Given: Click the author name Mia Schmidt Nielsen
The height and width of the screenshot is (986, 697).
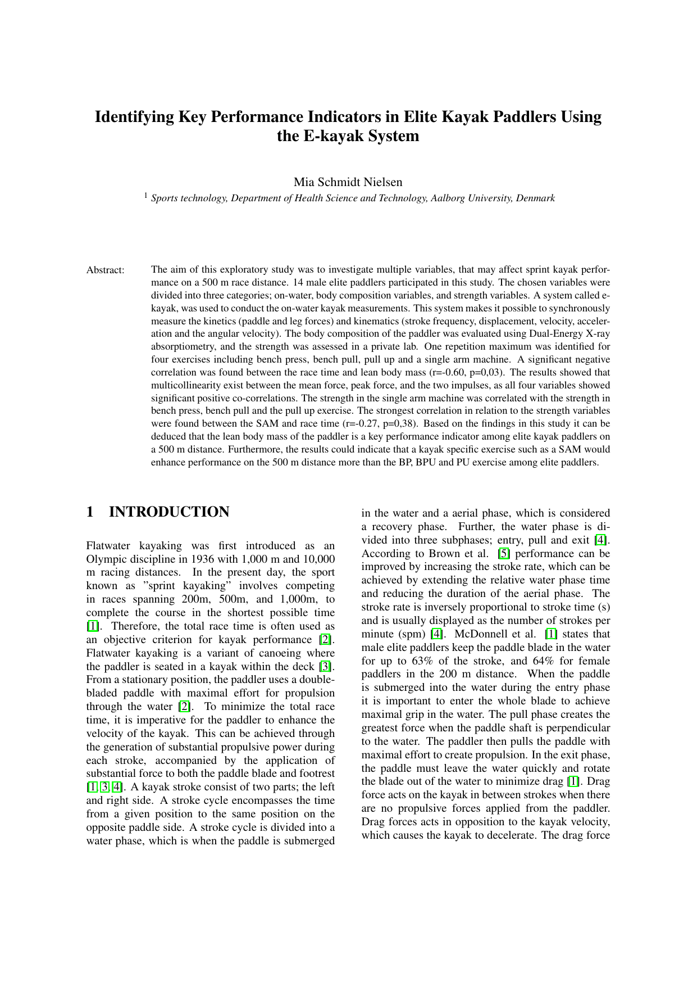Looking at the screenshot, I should [348, 182].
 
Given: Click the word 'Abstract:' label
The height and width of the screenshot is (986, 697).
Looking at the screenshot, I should [105, 270].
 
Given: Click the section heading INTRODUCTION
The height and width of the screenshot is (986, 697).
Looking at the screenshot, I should [169, 512].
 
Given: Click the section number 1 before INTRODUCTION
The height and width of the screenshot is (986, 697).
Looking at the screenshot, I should [90, 512].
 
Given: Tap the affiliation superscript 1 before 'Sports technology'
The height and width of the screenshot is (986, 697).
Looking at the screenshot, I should [146, 195].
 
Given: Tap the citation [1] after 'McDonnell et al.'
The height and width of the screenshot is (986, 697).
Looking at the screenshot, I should [552, 634].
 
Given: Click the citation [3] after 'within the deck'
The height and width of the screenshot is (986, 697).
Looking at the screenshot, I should [325, 667].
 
